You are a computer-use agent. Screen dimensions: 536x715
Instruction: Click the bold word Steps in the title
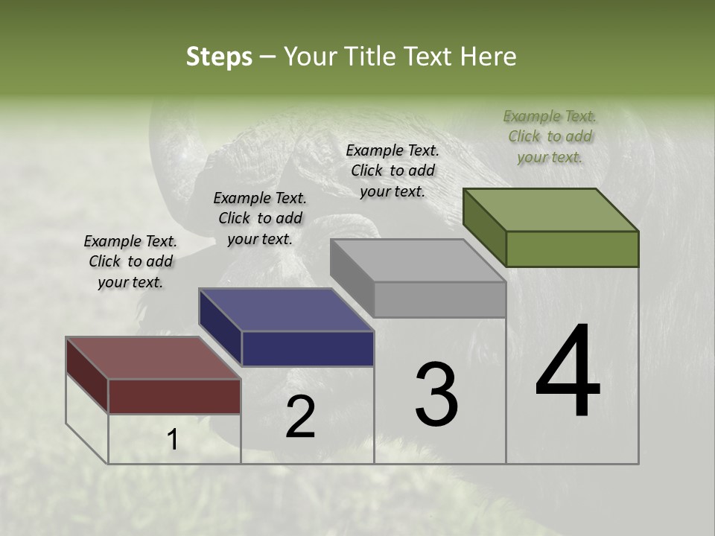[x=219, y=57]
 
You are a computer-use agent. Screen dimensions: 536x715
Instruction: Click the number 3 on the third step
[x=436, y=395]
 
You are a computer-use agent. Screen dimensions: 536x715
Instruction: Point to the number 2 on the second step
[x=300, y=417]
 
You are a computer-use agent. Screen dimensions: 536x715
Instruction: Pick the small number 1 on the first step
[x=173, y=441]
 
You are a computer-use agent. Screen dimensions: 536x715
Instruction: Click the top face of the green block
[x=551, y=209]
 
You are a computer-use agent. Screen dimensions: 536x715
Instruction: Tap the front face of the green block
[x=572, y=249]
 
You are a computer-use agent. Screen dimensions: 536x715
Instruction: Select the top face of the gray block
[x=418, y=261]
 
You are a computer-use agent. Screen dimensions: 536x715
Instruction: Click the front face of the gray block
[x=440, y=300]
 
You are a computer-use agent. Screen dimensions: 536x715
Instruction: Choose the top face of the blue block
[x=286, y=309]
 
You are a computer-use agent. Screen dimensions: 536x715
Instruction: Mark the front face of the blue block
[x=308, y=348]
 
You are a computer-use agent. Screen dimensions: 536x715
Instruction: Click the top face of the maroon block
[x=153, y=358]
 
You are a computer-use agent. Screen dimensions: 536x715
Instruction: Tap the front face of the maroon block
[x=174, y=396]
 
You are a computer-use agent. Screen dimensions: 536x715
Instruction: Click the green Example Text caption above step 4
[x=550, y=136]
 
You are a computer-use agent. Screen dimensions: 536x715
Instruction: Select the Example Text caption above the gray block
[x=393, y=170]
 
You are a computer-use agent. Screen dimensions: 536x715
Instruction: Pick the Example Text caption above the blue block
[x=260, y=218]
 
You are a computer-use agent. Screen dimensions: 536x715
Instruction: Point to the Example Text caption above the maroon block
[x=130, y=261]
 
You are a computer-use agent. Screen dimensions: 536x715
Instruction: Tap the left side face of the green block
[x=484, y=226]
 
